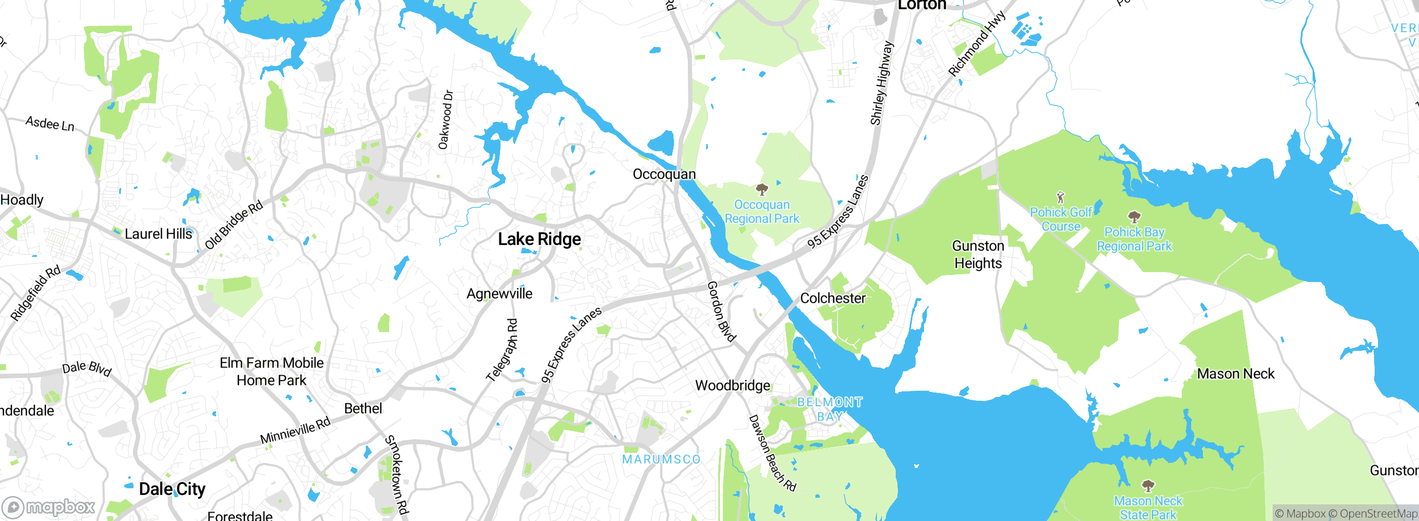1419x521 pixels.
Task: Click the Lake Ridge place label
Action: point(539,239)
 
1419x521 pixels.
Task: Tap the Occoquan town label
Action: point(664,174)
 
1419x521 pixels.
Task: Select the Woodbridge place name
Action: point(732,385)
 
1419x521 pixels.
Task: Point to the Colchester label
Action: point(833,298)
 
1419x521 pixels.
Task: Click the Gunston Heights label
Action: point(978,254)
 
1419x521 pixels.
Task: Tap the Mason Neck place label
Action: point(1236,374)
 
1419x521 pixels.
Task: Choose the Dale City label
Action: point(172,489)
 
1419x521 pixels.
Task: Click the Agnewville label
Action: point(499,294)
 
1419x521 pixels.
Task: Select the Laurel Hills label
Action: point(158,234)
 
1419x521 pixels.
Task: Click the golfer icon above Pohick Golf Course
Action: point(1060,197)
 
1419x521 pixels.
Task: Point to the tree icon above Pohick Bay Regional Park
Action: point(1134,217)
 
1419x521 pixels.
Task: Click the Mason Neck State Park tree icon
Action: point(1149,486)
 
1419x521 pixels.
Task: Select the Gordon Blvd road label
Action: point(721,311)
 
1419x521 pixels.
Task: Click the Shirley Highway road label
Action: point(881,83)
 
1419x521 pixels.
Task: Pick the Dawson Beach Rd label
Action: point(772,453)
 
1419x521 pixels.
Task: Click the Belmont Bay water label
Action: point(830,409)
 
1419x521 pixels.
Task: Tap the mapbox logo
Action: point(49,507)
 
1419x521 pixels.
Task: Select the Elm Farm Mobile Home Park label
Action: point(272,371)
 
